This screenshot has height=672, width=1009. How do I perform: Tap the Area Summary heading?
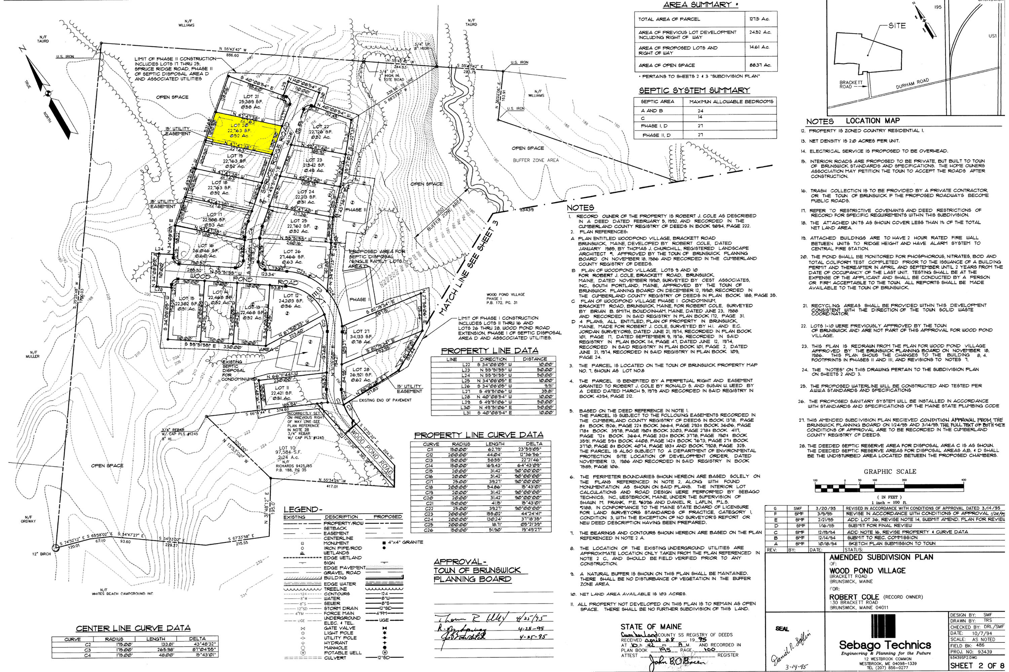(697, 5)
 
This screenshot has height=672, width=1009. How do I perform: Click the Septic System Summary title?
(695, 90)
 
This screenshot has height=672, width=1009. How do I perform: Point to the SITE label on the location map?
(897, 26)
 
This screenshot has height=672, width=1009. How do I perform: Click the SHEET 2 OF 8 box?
(977, 666)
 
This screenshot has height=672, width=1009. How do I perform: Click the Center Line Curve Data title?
(133, 628)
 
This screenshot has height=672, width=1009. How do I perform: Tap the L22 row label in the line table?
(451, 365)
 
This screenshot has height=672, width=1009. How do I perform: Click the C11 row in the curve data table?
(431, 450)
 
